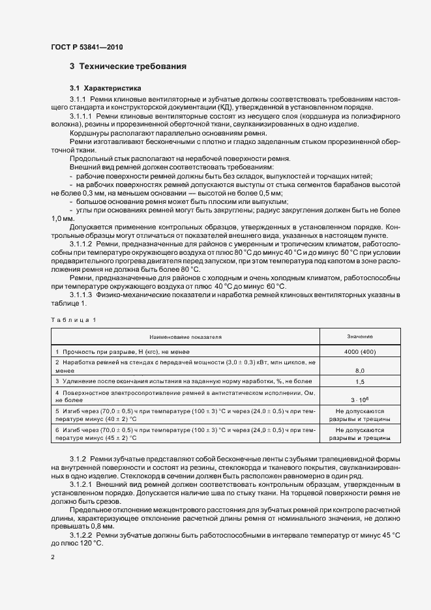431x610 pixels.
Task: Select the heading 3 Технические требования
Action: coord(128,66)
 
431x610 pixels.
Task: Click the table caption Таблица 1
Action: coord(73,320)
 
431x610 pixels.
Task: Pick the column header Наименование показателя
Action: coord(186,337)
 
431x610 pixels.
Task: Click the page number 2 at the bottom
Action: coord(53,557)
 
